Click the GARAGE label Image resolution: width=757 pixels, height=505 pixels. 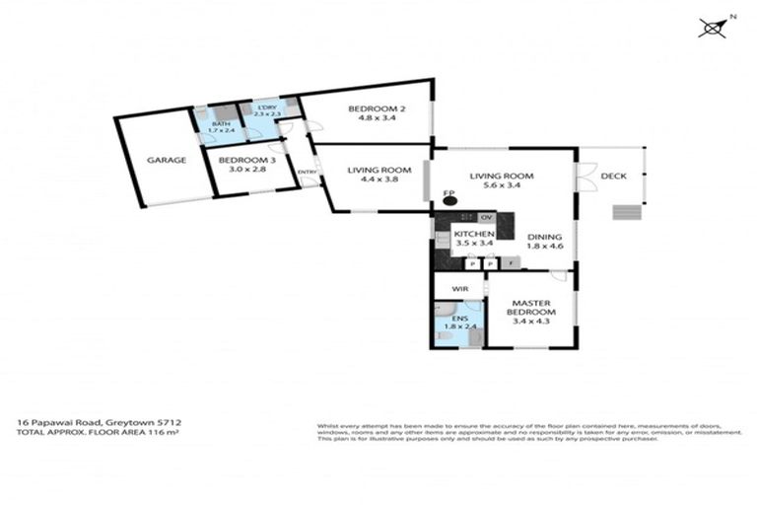(x=167, y=160)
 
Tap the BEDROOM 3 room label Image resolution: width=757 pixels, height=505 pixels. (x=241, y=160)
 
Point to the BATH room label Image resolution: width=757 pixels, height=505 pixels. (x=221, y=123)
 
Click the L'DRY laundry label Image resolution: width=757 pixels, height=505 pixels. (x=266, y=108)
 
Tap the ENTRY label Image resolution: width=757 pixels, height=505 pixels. (x=308, y=174)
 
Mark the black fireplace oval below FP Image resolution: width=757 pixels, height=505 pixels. (x=450, y=202)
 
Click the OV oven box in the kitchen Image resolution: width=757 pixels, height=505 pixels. (x=486, y=217)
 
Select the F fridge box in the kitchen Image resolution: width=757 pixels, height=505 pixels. (x=510, y=263)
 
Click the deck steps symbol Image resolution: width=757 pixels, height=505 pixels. (x=625, y=211)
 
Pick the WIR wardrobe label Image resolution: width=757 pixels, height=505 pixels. (x=458, y=289)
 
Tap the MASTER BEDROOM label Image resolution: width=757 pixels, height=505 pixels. (x=530, y=309)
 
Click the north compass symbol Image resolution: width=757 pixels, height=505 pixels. (x=712, y=27)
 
